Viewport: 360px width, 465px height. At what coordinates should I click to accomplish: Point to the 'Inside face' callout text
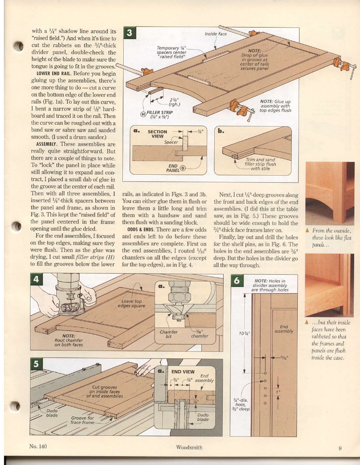[216, 34]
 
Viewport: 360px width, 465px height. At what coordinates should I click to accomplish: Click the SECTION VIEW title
[157, 134]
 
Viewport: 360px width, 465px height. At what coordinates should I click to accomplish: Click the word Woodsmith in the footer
[188, 447]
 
